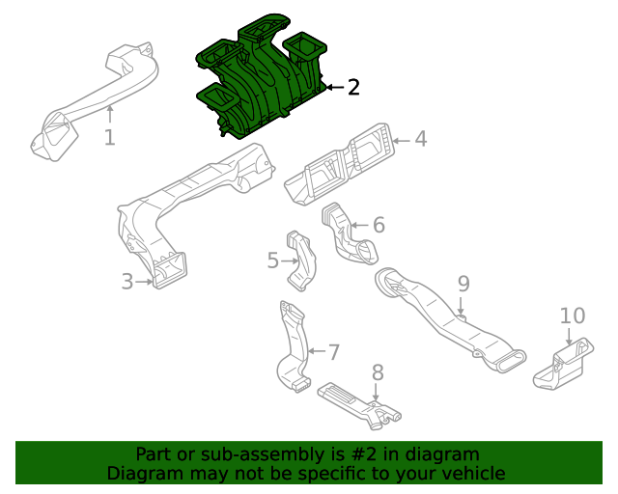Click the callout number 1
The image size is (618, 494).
pos(109,138)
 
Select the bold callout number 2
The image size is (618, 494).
pos(353,88)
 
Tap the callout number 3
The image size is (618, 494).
pos(126,282)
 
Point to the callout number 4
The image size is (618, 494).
pos(420,139)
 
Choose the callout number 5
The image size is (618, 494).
pos(273,261)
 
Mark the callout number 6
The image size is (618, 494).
pos(379,225)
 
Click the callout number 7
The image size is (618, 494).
pos(334,352)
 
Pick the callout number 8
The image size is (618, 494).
pos(378,372)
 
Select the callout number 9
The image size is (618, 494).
pos(463,284)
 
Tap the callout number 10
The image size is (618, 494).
pos(573,316)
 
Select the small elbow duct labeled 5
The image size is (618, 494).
pos(301,261)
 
